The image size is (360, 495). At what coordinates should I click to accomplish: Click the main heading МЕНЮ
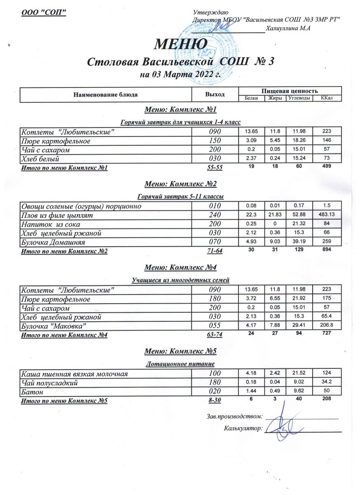point(180,44)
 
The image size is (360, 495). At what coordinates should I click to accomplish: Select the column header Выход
point(215,94)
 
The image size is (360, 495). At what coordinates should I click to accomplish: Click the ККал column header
point(327,98)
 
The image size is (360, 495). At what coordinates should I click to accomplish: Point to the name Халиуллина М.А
point(288,28)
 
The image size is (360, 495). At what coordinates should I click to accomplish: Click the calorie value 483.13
point(327,215)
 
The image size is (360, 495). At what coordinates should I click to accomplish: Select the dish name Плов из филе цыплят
point(57,215)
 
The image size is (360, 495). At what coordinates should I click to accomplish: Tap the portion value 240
point(214,215)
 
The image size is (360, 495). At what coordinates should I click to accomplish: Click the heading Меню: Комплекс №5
point(180,351)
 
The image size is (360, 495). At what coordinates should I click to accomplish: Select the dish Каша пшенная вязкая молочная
point(74,374)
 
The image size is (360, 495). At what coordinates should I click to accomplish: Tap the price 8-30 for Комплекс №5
point(214,401)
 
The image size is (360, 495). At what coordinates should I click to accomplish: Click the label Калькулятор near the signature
point(243,429)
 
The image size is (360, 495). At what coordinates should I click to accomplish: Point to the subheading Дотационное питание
point(180,364)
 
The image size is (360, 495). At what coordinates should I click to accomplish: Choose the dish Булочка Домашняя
point(53,243)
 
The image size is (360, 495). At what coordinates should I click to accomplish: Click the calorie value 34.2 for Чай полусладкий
point(327,383)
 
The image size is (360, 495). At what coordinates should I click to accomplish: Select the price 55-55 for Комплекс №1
point(214,167)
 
